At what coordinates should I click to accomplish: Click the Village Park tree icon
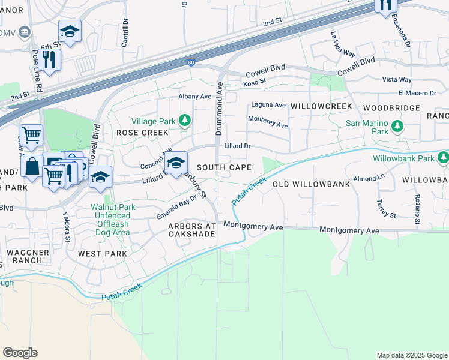(185, 121)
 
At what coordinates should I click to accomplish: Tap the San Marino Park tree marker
(396, 127)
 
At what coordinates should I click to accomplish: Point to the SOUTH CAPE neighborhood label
(224, 167)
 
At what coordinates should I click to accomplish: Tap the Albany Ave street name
(195, 96)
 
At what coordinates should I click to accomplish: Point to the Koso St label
(255, 85)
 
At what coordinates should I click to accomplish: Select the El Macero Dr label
(417, 93)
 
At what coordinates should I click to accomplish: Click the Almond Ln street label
(367, 179)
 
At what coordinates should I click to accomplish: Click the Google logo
(20, 353)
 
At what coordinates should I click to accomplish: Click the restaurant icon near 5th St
(50, 59)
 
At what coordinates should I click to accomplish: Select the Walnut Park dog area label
(110, 220)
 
